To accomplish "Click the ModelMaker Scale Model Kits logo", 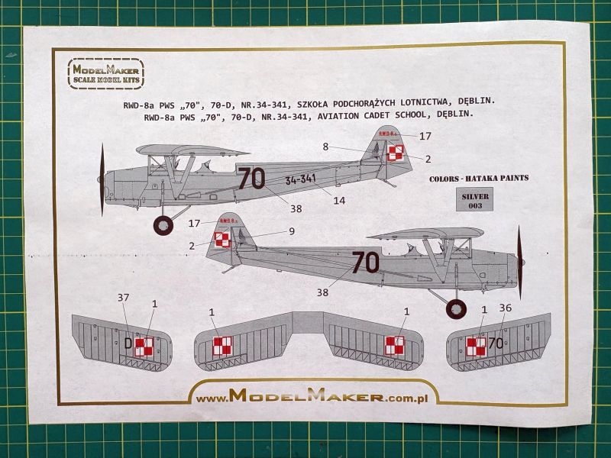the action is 105,73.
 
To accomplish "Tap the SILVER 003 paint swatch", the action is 474,200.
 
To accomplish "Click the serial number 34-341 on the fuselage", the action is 300,179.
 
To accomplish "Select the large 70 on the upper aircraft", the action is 251,179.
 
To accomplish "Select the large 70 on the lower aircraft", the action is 365,262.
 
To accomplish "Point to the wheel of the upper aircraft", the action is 163,225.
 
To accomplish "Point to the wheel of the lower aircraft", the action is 456,309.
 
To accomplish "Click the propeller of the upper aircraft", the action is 102,179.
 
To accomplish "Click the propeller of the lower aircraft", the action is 519,263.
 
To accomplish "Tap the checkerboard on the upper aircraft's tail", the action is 396,152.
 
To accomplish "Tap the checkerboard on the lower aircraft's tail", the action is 222,240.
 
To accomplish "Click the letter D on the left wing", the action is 128,344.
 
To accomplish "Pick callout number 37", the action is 123,298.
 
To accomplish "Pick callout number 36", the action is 505,308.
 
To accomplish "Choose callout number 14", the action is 339,201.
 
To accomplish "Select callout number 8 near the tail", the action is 325,147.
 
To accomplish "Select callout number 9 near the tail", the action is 292,231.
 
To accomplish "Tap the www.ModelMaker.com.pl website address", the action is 312,396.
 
